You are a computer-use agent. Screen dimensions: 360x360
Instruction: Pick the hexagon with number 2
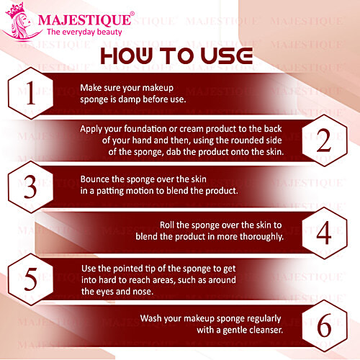(x=323, y=139)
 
